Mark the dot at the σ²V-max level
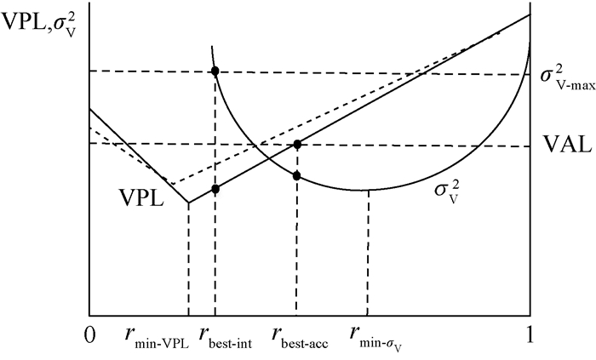point(215,71)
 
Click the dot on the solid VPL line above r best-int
point(215,189)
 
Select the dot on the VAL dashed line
point(297,144)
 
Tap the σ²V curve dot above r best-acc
point(297,175)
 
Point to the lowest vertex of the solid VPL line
point(187,203)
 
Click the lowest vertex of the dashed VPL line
point(170,185)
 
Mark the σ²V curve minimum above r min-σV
point(367,190)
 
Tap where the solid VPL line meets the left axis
point(89,109)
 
